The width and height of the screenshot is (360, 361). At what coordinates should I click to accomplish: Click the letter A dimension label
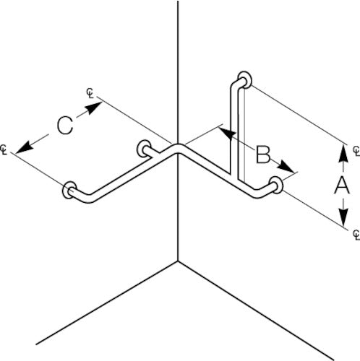[x=342, y=185]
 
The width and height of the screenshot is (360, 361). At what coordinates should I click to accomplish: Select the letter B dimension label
[x=263, y=155]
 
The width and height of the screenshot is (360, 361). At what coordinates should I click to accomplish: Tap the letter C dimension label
[x=65, y=126]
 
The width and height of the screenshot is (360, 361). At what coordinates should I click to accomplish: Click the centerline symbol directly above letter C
[x=90, y=93]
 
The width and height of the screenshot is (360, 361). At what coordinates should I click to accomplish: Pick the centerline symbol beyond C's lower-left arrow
[x=4, y=150]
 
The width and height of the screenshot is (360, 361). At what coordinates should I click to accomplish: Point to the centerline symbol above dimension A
[x=356, y=151]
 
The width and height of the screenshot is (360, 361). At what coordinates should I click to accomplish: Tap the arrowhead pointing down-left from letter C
[x=25, y=147]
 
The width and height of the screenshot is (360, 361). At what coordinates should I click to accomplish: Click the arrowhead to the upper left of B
[x=226, y=133]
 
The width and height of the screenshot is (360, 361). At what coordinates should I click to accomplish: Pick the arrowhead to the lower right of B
[x=286, y=167]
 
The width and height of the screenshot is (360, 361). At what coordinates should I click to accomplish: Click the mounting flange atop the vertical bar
[x=245, y=79]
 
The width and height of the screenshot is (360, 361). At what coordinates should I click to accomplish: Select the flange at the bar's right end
[x=276, y=185]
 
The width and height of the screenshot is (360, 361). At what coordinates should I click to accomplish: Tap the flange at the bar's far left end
[x=69, y=190]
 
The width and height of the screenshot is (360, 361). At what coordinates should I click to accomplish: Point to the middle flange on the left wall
[x=144, y=149]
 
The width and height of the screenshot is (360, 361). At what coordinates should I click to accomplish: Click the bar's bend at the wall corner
[x=178, y=148]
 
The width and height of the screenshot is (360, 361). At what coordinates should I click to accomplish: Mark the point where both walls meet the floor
[x=178, y=261]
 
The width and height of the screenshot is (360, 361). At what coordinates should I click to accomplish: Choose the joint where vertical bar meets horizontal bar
[x=235, y=178]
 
